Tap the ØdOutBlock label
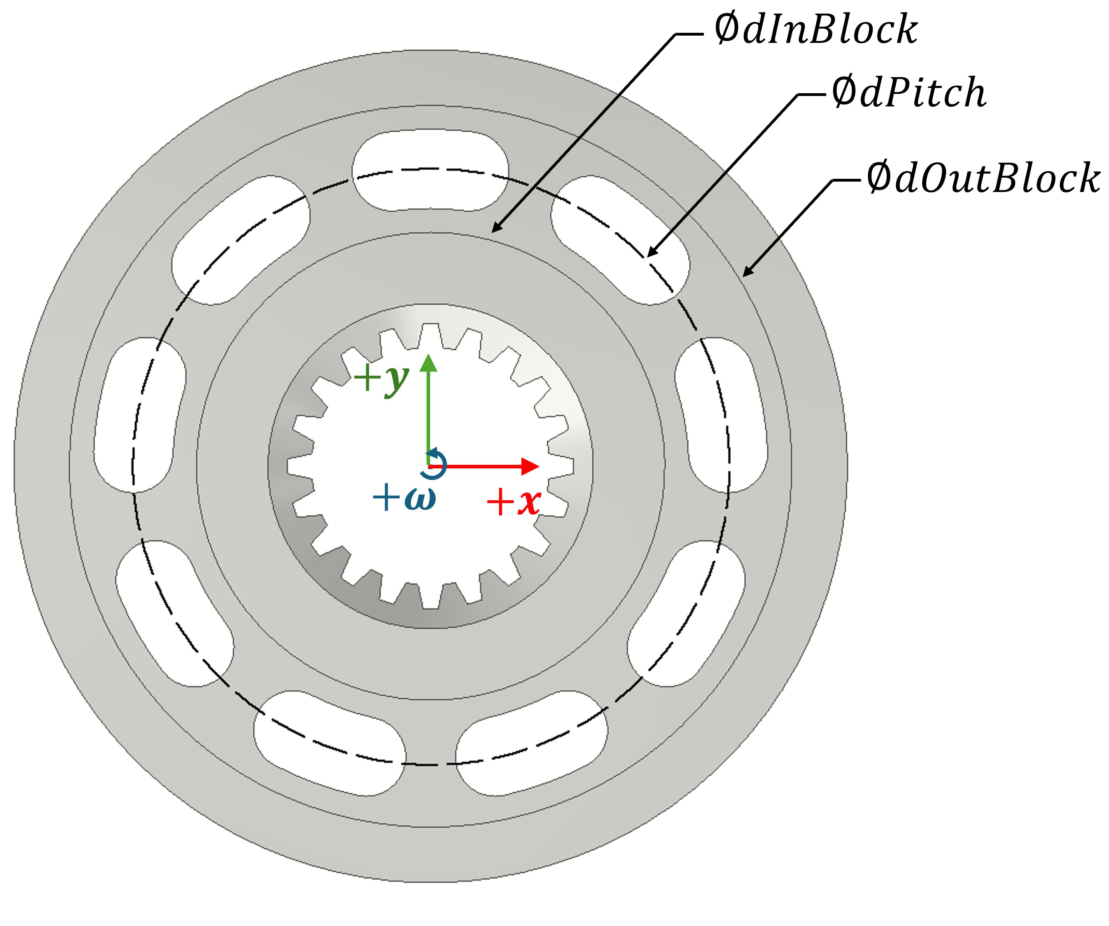click(x=982, y=178)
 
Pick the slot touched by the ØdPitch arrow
click(x=620, y=240)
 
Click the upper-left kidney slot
click(x=240, y=240)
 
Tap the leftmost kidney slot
click(x=140, y=415)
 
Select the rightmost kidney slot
click(x=721, y=415)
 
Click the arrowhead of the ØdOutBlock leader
click(x=745, y=274)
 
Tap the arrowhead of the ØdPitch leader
click(x=650, y=255)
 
